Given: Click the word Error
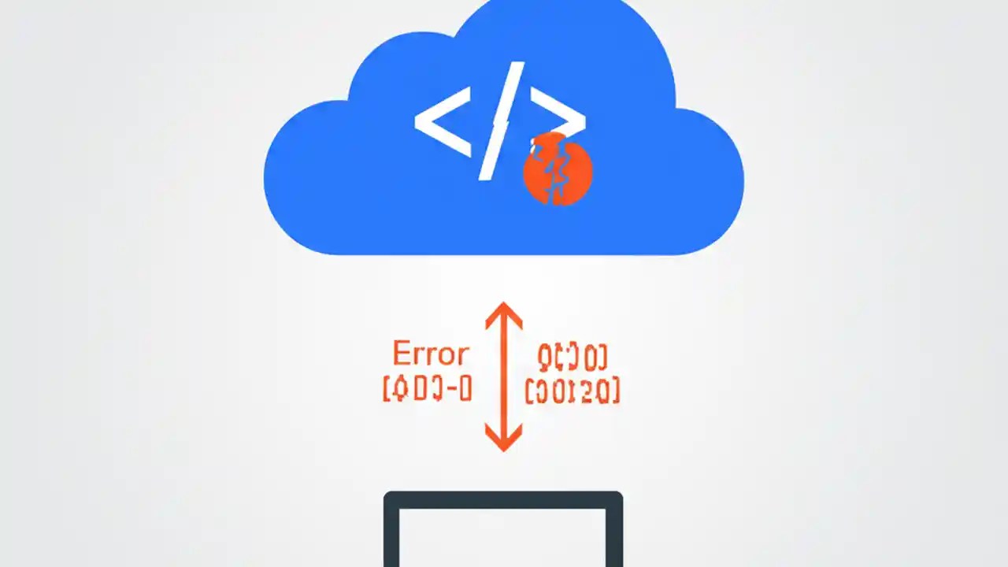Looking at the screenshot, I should [430, 355].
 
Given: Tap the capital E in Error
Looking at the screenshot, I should [401, 355].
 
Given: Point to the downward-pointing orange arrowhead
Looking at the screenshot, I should [503, 439].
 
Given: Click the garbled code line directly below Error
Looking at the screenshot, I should [426, 389].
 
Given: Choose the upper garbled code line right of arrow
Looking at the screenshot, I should [572, 358].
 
